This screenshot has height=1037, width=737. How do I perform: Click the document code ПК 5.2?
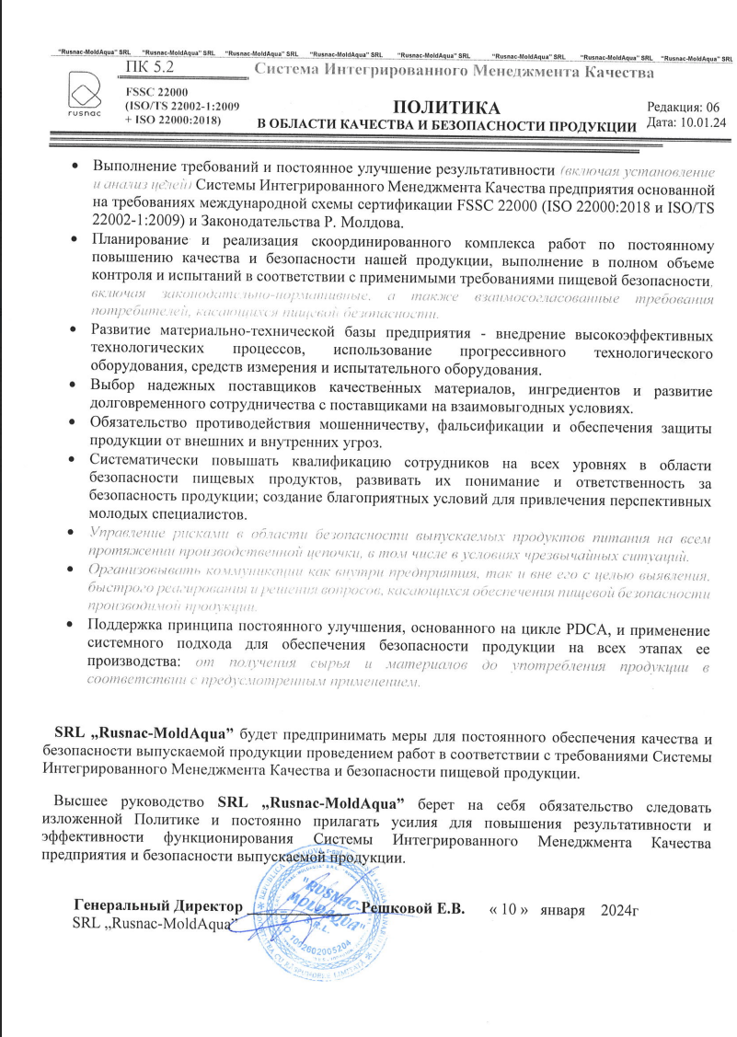(145, 67)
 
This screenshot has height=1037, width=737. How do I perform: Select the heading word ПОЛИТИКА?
(445, 107)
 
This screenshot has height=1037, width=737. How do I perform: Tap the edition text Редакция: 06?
(685, 107)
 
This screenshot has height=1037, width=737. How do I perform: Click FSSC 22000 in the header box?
(155, 92)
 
